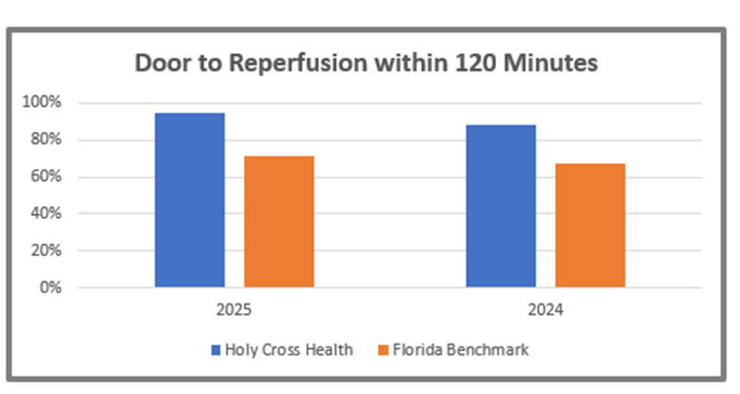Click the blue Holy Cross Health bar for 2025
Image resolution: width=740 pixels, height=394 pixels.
pos(190,200)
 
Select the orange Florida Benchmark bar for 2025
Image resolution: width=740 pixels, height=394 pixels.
pos(279,222)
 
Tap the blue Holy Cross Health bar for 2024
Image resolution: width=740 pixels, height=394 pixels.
pos(500,206)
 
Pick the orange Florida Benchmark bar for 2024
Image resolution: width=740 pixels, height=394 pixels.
pos(590,226)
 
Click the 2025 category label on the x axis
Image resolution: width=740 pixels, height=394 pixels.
pos(234,310)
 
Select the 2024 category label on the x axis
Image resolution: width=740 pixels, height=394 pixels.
pos(545,310)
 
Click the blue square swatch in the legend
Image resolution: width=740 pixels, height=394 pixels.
pos(215,349)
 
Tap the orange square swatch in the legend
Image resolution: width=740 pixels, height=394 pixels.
pos(372,349)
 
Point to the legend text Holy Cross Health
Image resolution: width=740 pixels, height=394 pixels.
pos(289,349)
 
